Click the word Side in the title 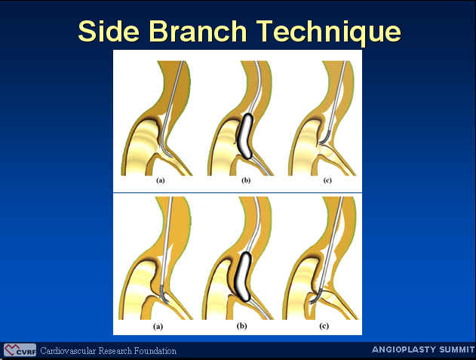109,31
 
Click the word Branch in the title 198,31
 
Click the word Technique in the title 330,32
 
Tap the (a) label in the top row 161,180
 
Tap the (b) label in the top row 246,180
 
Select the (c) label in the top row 327,180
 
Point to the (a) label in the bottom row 158,327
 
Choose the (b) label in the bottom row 241,327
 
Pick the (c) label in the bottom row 324,327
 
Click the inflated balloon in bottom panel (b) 244,276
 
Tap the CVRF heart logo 20,350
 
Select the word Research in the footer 115,351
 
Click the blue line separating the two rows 238,193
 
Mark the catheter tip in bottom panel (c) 310,303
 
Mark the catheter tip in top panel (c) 321,141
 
